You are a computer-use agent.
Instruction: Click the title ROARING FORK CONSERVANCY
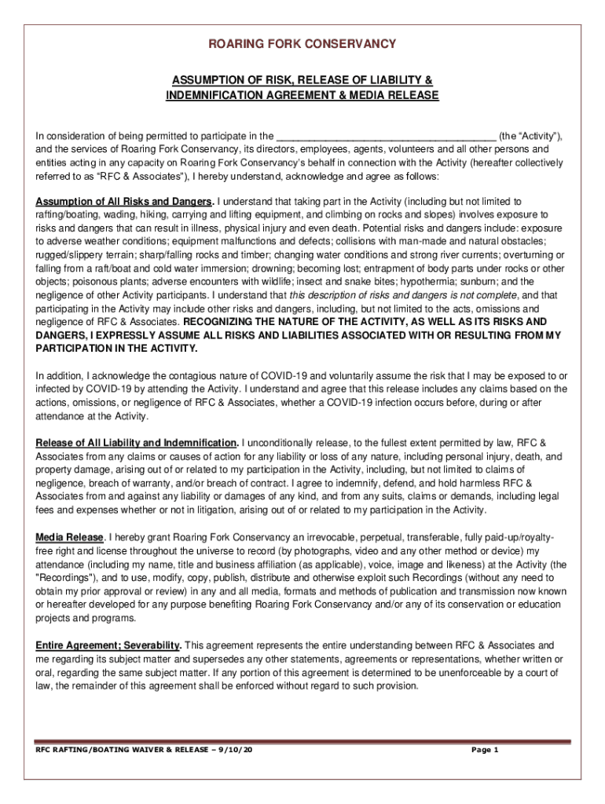coord(302,44)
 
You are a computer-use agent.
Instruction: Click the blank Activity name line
coord(387,134)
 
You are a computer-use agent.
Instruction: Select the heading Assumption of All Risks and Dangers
coord(125,202)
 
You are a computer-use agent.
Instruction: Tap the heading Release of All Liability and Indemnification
coord(137,443)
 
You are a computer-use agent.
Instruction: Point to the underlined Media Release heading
coord(70,537)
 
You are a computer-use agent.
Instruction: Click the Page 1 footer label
coord(485,750)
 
